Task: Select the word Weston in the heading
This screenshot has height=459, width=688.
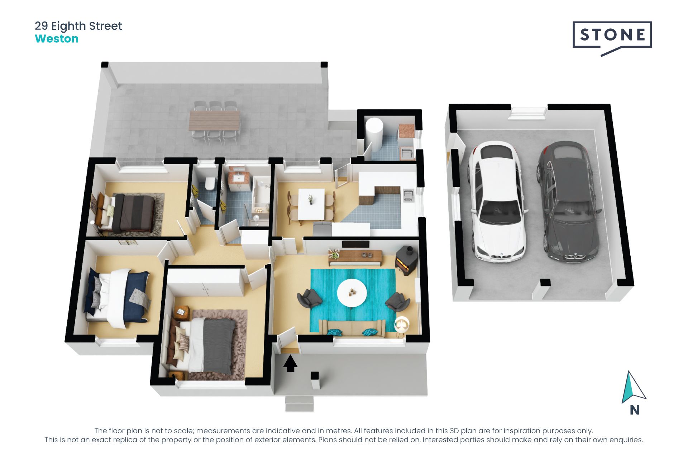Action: (57, 39)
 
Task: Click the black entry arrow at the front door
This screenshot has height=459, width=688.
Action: (290, 364)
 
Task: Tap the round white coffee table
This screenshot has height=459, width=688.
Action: (352, 293)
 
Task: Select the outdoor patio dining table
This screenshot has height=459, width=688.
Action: (214, 120)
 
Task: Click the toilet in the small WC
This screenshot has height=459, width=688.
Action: (210, 184)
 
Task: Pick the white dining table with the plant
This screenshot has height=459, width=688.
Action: (311, 204)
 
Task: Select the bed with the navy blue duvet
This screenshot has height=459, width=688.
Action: (118, 298)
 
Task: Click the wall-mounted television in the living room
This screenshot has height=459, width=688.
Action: (355, 244)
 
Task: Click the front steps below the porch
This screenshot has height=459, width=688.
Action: (300, 404)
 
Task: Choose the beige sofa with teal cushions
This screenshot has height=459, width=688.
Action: (353, 328)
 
